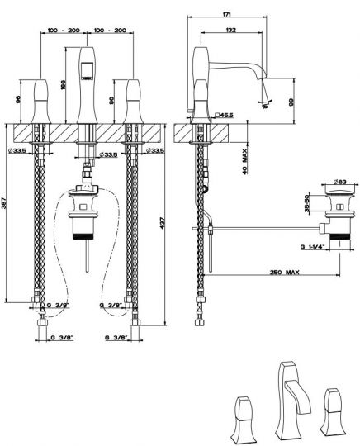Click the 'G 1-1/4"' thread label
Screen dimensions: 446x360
click(x=315, y=246)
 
